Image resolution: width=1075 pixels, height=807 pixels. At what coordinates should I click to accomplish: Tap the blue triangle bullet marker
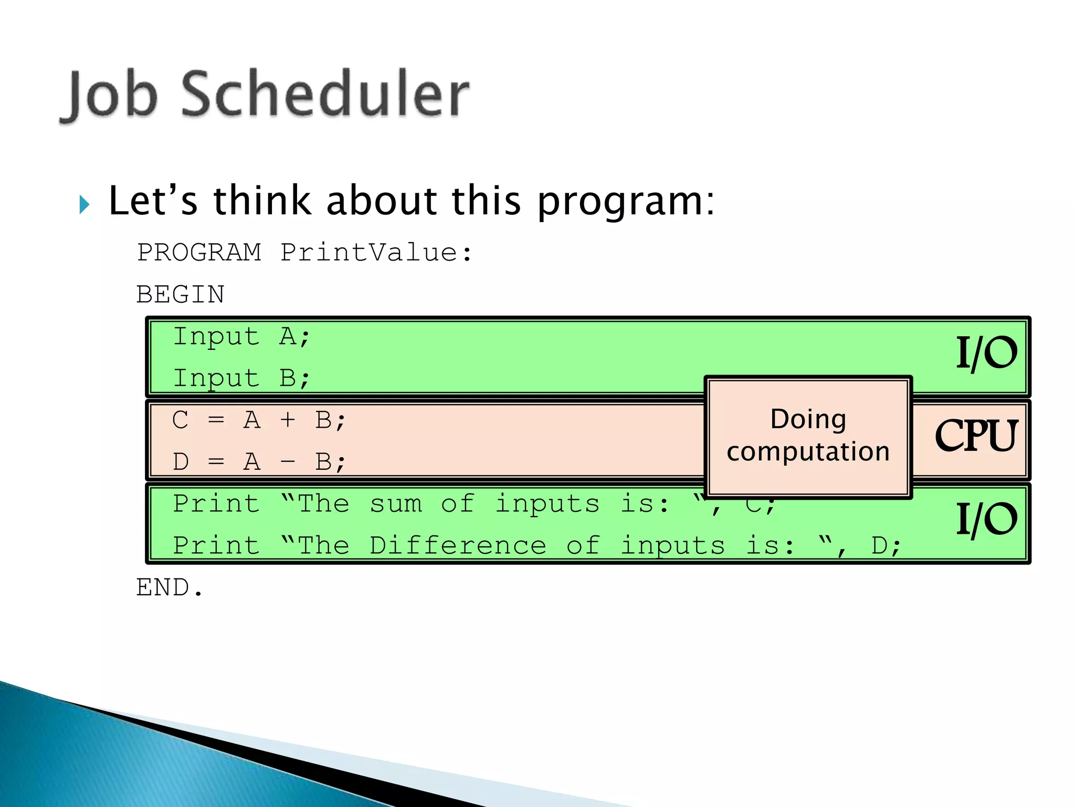(84, 204)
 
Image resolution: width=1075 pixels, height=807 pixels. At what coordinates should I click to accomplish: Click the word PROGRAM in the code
(199, 253)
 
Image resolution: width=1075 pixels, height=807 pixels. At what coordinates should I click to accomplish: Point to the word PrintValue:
(376, 253)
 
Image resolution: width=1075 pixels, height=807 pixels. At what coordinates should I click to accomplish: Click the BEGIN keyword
(180, 294)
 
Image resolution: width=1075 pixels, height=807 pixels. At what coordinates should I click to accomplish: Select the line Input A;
(242, 336)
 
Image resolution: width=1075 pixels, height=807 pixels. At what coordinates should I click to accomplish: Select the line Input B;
(242, 378)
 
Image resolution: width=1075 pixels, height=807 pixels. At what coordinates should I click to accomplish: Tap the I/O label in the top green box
(986, 353)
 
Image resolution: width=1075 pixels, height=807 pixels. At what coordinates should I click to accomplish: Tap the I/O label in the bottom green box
(986, 519)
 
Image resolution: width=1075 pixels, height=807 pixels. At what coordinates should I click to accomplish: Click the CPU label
(976, 436)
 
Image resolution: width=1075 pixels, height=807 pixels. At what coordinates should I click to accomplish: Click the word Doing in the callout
(808, 419)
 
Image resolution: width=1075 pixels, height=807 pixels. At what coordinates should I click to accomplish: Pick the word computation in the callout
(808, 452)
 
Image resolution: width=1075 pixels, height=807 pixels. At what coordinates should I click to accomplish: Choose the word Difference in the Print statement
(458, 545)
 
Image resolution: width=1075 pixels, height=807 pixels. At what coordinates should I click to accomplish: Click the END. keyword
(169, 587)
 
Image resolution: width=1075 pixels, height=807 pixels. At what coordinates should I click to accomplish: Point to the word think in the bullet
(262, 201)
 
